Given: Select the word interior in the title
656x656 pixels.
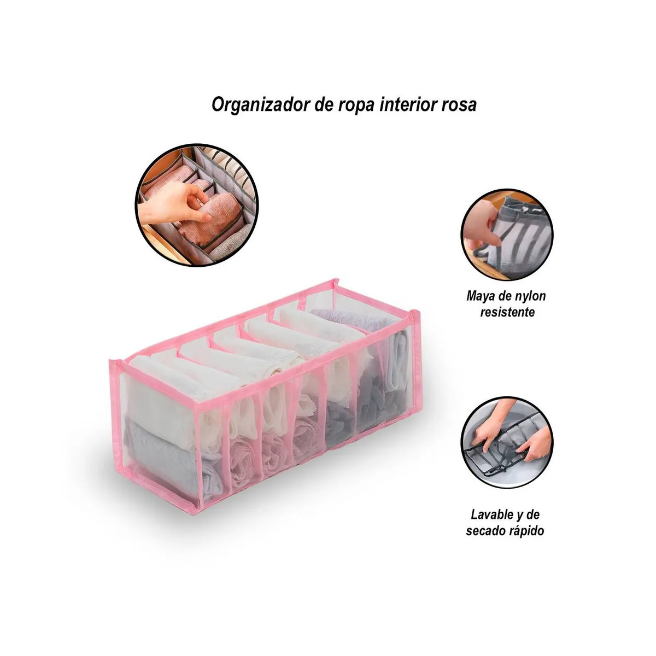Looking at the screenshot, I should tap(405, 104).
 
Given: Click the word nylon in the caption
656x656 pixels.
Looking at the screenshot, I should tap(531, 296).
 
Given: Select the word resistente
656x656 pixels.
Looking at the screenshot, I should tap(507, 313).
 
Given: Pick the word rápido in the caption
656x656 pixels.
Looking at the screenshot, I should tap(527, 531).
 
